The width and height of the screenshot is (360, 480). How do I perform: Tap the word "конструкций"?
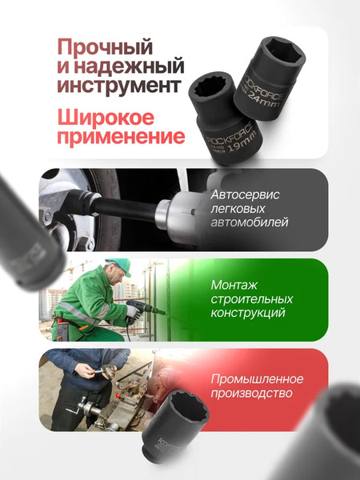point(248,314)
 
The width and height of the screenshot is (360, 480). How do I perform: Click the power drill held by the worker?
point(144,308)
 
